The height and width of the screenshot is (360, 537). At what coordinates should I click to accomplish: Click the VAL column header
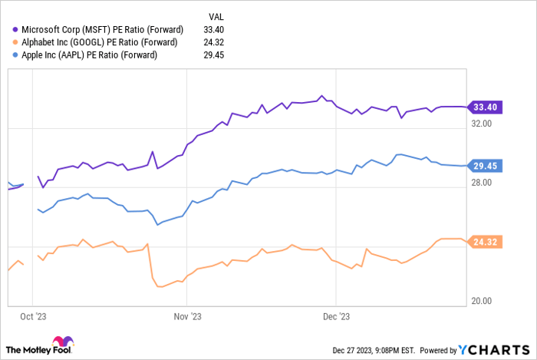[217, 15]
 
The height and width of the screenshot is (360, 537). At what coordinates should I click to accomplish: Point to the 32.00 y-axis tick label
[483, 123]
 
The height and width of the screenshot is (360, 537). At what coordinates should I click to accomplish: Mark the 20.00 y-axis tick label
[483, 301]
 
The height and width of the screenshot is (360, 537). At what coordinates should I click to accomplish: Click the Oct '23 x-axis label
[31, 315]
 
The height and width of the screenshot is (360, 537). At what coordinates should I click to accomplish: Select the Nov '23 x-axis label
[188, 315]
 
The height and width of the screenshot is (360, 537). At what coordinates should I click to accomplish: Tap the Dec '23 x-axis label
[336, 315]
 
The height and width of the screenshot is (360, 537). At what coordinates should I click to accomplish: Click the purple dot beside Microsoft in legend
[16, 28]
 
